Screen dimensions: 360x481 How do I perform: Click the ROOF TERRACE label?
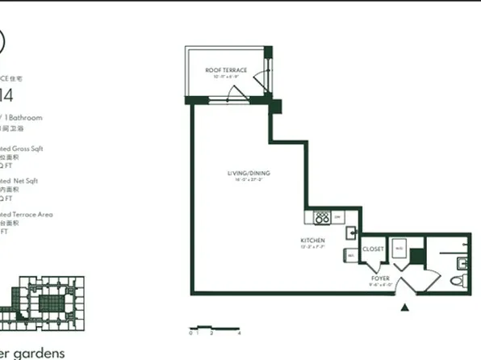[226, 70]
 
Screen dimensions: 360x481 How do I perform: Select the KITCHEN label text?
[312, 241]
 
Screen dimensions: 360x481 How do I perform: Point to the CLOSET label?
[373, 249]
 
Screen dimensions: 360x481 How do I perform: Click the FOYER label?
[380, 278]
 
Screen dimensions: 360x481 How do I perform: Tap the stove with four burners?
[320, 217]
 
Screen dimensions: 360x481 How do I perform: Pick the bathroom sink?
[462, 262]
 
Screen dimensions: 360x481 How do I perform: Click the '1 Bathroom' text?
[23, 118]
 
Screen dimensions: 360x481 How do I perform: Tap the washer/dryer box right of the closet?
[399, 250]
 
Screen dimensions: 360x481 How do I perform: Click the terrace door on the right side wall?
[261, 78]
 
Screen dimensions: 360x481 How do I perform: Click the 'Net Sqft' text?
[24, 182]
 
